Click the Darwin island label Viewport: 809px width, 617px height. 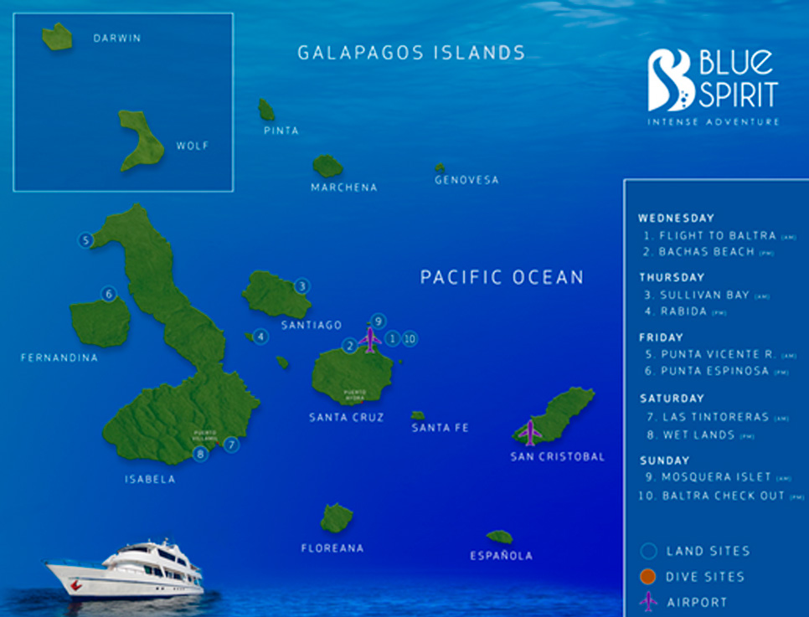tap(116, 39)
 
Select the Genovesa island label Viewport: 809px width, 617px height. tap(466, 180)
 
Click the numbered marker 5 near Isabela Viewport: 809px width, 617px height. tap(85, 241)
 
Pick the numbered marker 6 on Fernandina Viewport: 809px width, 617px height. tap(108, 294)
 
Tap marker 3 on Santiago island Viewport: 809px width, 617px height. tap(301, 285)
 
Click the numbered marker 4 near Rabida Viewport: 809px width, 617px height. tap(261, 337)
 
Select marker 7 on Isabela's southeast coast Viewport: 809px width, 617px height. tap(231, 445)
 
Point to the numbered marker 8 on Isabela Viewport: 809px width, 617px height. tap(199, 455)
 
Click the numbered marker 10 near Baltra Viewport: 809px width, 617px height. tap(409, 339)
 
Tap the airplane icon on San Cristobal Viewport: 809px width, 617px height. tap(529, 432)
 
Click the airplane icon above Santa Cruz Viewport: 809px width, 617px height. tap(369, 340)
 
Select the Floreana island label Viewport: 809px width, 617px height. tap(332, 548)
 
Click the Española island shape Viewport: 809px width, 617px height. tap(500, 537)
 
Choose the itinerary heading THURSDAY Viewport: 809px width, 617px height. tap(672, 277)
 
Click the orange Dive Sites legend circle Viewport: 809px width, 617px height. tap(648, 576)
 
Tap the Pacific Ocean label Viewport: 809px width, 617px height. tap(502, 277)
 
